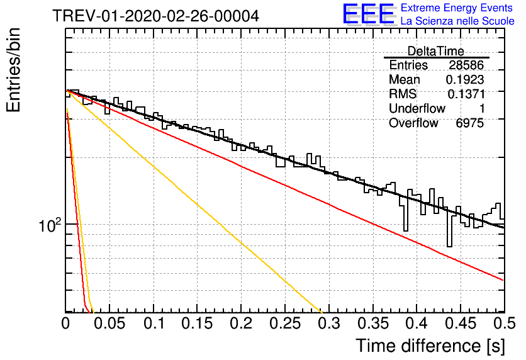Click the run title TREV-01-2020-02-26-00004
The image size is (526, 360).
tap(155, 16)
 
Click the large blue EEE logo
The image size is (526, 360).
tap(369, 14)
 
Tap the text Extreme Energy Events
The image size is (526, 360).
tap(457, 8)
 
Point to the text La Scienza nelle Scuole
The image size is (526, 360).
tap(457, 21)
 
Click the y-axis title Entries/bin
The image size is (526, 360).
tap(13, 70)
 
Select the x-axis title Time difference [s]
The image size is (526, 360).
tap(430, 346)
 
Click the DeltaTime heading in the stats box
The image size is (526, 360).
tap(436, 51)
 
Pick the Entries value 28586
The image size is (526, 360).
tap(466, 65)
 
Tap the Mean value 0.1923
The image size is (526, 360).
tap(464, 79)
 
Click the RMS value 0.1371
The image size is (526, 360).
tap(466, 94)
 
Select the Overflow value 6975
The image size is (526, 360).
tap(469, 123)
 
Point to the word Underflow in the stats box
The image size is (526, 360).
tap(417, 108)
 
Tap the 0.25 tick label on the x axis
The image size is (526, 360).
tap(285, 323)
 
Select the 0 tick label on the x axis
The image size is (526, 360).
tap(65, 323)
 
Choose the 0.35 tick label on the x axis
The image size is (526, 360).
tap(372, 323)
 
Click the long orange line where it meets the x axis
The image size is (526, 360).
tap(322, 312)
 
